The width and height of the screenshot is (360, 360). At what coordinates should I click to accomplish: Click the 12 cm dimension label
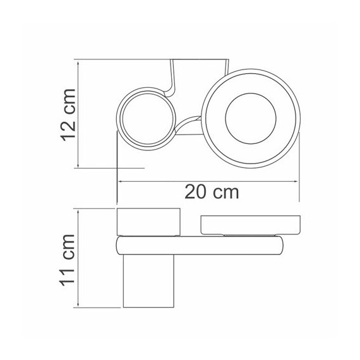pos(68,114)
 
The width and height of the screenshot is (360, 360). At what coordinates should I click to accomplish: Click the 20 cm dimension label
pos(212,192)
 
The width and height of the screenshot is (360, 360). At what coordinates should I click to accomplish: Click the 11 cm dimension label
pos(68,260)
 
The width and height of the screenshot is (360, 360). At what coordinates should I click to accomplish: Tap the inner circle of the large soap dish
pos(251,93)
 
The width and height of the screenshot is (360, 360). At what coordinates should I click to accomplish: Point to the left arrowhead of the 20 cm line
pos(121,181)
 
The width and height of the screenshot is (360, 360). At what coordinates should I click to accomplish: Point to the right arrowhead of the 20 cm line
pos(296,181)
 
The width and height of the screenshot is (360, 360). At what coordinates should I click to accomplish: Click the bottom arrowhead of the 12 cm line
pos(78,165)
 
